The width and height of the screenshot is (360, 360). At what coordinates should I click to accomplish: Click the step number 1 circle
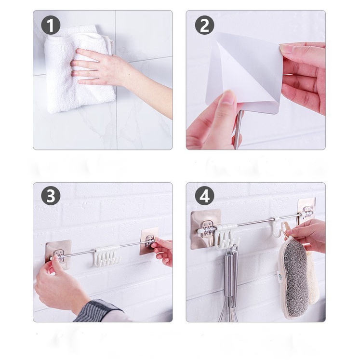click(51, 25)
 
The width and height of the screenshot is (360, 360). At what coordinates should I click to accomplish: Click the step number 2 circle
click(204, 25)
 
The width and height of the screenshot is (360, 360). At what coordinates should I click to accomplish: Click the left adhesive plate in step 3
click(58, 252)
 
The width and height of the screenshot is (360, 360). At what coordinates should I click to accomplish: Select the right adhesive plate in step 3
click(149, 240)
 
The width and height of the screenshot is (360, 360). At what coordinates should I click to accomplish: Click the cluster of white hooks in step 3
click(107, 256)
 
